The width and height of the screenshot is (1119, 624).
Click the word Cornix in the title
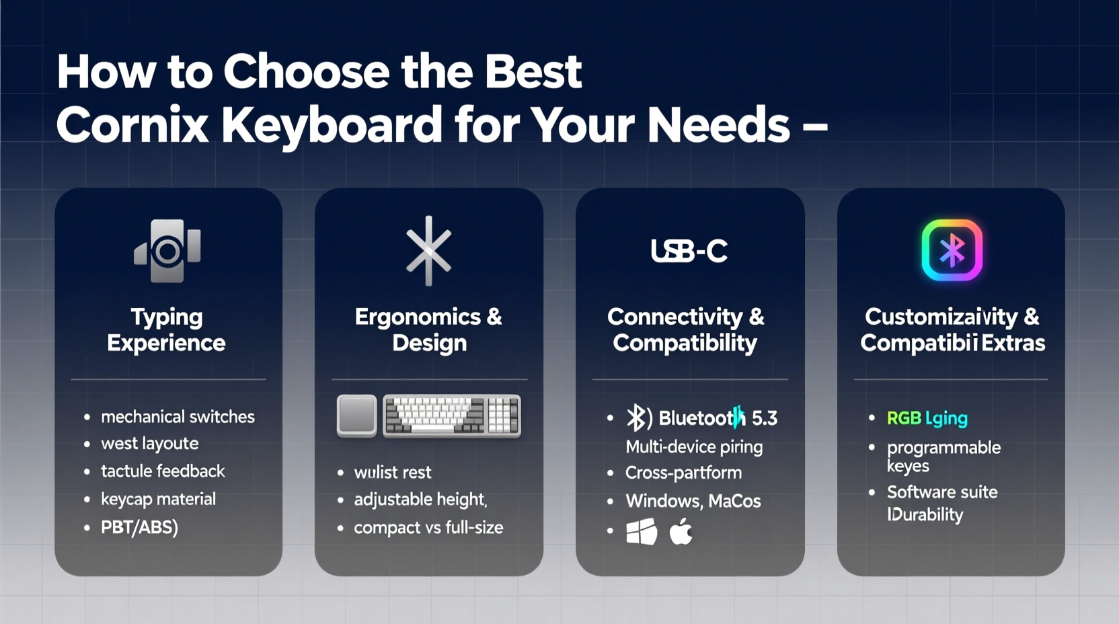132,125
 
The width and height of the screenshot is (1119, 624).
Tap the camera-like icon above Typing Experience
167,251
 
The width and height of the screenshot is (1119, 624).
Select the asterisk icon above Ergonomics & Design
428,250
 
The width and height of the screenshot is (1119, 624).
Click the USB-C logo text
689,251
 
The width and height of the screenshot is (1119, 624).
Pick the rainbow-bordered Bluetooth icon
952,250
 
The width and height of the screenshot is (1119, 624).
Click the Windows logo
642,532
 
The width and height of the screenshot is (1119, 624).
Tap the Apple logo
681,531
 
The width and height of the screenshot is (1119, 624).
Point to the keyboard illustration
451,416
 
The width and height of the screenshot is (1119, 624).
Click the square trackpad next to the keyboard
356,416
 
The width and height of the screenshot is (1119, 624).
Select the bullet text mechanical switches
178,417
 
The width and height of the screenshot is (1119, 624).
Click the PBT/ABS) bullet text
139,527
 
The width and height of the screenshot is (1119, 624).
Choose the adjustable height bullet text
420,500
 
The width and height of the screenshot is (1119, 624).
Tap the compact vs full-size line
428,528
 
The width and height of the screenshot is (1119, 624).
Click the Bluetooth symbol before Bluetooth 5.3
638,418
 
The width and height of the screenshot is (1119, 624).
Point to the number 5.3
764,418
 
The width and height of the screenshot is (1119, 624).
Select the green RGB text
904,418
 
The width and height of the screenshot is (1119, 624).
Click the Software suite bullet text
942,492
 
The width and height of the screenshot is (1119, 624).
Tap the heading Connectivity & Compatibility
685,329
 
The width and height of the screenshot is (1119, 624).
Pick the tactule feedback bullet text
163,471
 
